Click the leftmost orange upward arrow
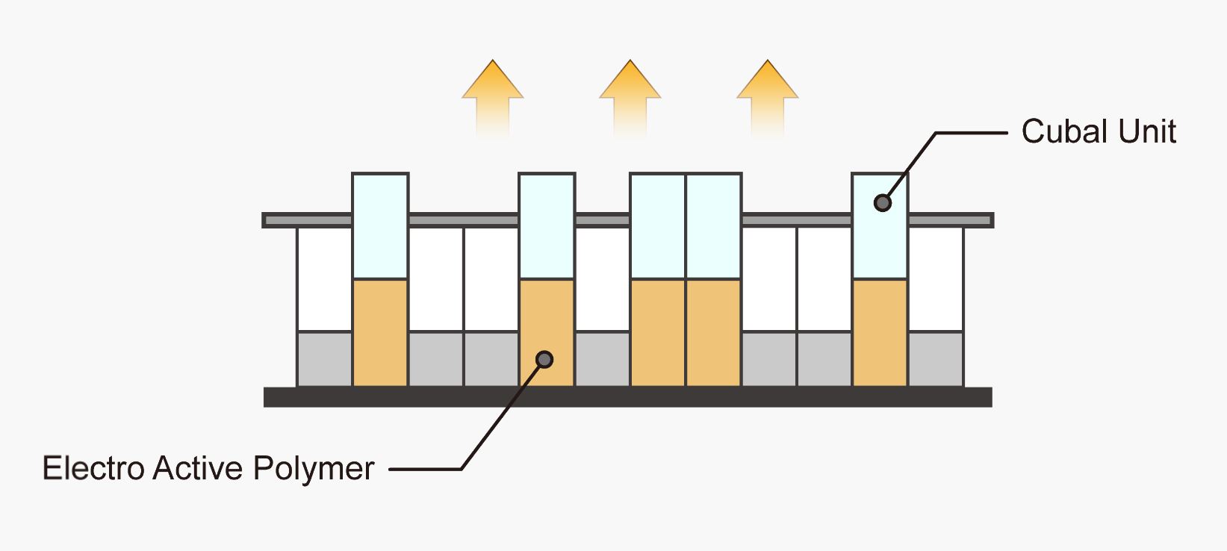pos(493,97)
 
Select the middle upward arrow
pos(630,97)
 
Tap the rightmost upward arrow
pos(768,97)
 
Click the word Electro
pos(93,469)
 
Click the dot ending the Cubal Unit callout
pos(883,203)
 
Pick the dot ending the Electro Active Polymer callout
pos(545,360)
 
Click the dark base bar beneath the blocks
pos(627,397)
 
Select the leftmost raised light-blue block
pos(380,225)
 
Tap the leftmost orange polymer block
pos(380,333)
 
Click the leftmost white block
pos(325,278)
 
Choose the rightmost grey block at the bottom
pos(936,359)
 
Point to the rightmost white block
pos(936,278)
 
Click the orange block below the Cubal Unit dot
pos(880,333)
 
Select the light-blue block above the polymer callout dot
pos(547,225)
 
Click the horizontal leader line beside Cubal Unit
pos(971,133)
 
